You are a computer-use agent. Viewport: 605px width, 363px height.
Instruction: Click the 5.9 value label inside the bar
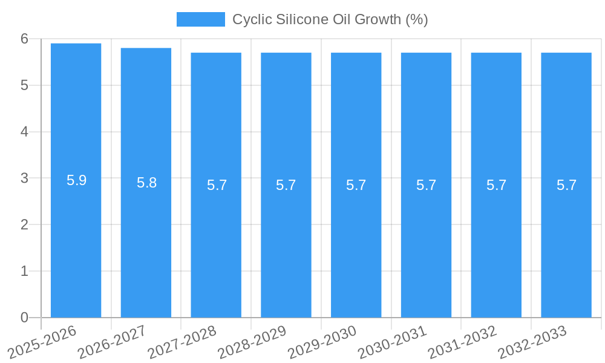pyautogui.click(x=76, y=180)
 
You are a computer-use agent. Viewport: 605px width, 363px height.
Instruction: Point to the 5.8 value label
pyautogui.click(x=146, y=183)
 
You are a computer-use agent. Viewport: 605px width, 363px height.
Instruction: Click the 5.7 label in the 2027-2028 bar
pyautogui.click(x=217, y=185)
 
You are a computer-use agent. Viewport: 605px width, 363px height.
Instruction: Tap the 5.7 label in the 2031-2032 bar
pyautogui.click(x=496, y=185)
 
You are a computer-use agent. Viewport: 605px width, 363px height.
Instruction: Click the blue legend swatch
pyautogui.click(x=200, y=19)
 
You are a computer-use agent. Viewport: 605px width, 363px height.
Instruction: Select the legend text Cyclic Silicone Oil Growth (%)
pyautogui.click(x=330, y=19)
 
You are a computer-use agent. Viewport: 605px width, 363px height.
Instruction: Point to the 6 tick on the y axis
pyautogui.click(x=24, y=39)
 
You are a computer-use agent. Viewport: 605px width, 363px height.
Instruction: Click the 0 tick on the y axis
pyautogui.click(x=24, y=318)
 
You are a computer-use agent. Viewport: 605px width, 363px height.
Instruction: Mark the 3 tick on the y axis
pyautogui.click(x=24, y=178)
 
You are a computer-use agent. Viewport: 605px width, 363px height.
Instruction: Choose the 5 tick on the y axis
pyautogui.click(x=24, y=85)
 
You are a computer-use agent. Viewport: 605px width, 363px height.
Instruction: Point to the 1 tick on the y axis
pyautogui.click(x=24, y=271)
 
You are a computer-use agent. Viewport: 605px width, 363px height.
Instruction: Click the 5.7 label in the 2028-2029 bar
pyautogui.click(x=286, y=185)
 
